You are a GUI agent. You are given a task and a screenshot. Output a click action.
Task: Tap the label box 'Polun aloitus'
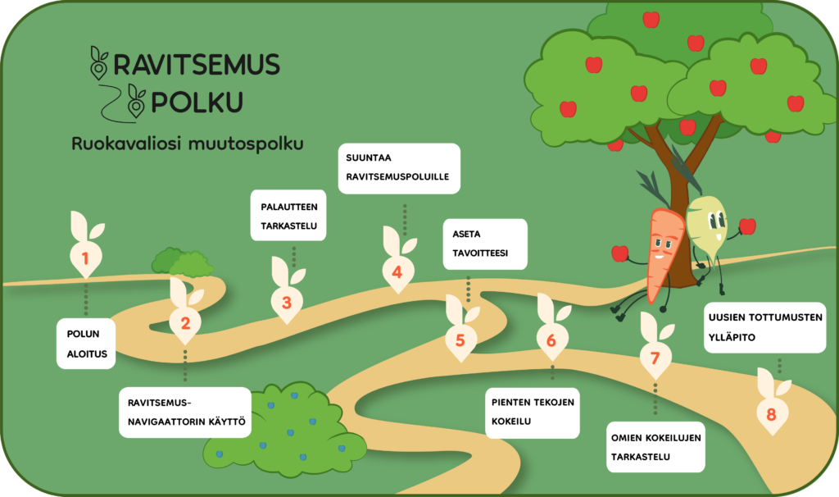point(85,344)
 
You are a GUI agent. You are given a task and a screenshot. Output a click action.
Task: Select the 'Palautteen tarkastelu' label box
point(288,216)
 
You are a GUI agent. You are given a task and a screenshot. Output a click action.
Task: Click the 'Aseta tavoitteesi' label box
point(484,244)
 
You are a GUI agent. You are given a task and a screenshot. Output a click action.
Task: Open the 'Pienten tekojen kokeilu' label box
point(533,412)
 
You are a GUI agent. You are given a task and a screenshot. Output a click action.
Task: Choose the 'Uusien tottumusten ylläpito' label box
point(764,326)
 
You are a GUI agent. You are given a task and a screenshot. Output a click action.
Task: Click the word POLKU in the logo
point(197,103)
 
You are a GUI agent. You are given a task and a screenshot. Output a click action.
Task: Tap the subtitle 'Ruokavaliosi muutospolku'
point(188,144)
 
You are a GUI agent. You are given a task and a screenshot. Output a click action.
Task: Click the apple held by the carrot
point(620,253)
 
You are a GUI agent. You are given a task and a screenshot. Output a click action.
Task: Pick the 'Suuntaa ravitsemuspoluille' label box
point(398,168)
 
